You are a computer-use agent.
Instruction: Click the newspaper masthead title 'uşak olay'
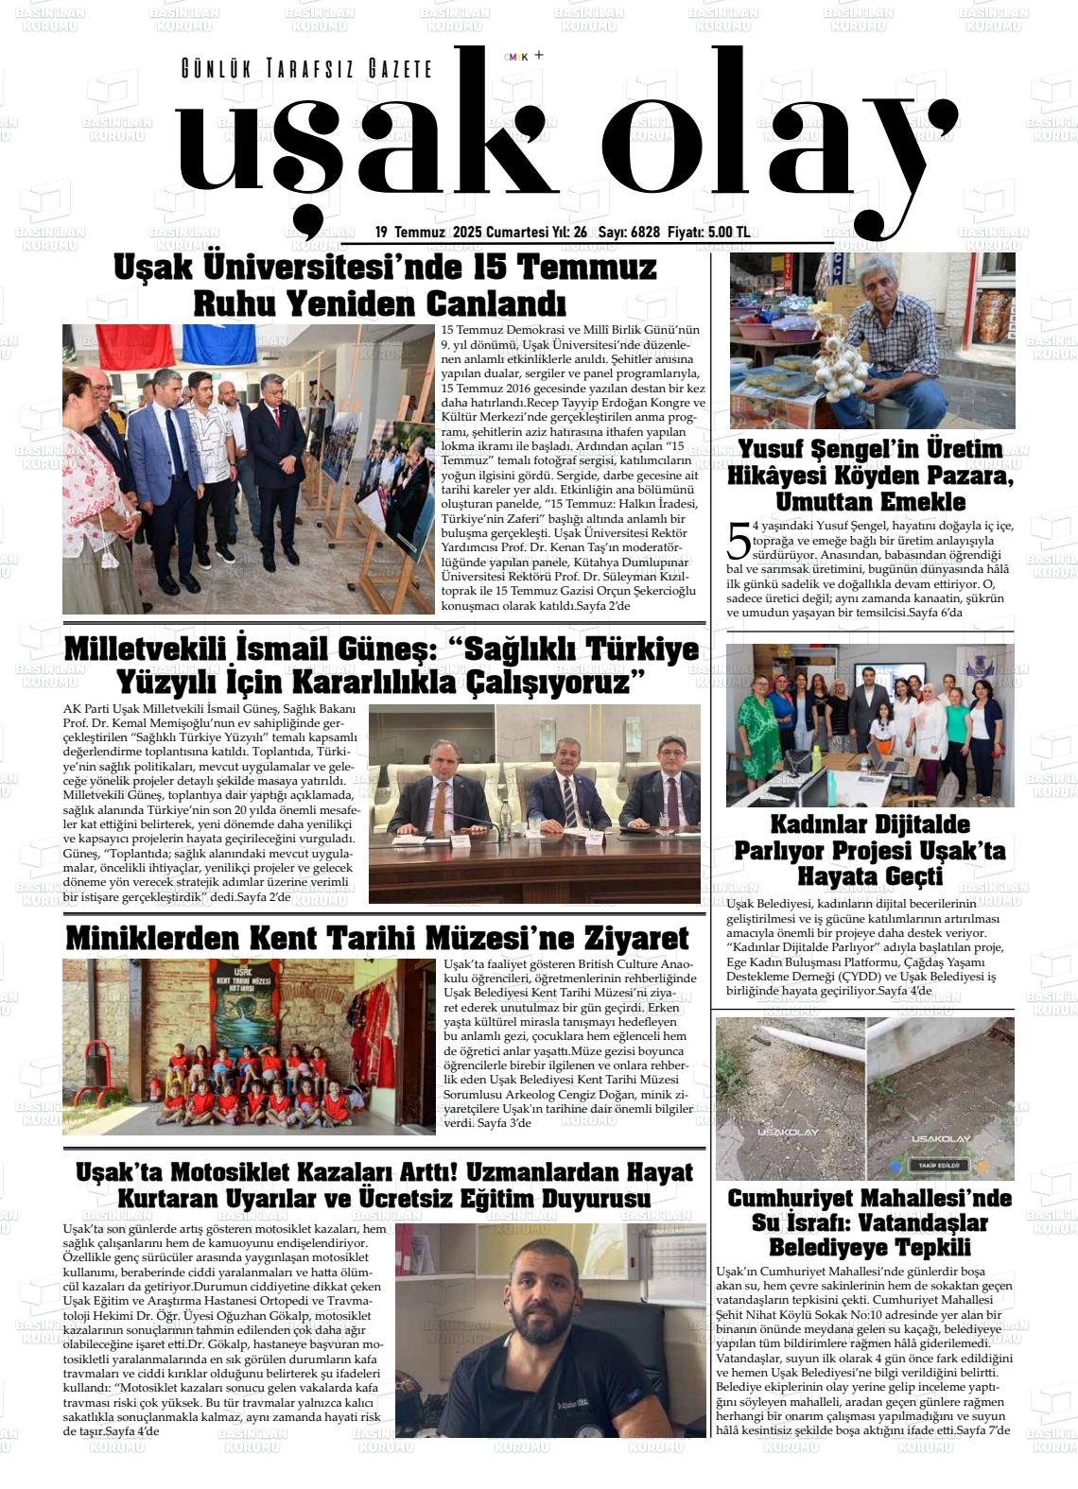pyautogui.click(x=558, y=142)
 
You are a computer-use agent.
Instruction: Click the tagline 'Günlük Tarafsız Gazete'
pyautogui.click(x=306, y=69)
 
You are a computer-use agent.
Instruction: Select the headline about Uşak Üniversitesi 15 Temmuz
pyautogui.click(x=384, y=285)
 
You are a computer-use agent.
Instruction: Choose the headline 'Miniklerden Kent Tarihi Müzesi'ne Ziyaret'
pyautogui.click(x=377, y=938)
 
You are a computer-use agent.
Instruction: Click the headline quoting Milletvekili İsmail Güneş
pyautogui.click(x=380, y=665)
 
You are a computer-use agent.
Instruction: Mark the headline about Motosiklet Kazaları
pyautogui.click(x=384, y=1185)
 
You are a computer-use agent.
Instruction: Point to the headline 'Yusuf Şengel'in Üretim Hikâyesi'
pyautogui.click(x=870, y=475)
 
